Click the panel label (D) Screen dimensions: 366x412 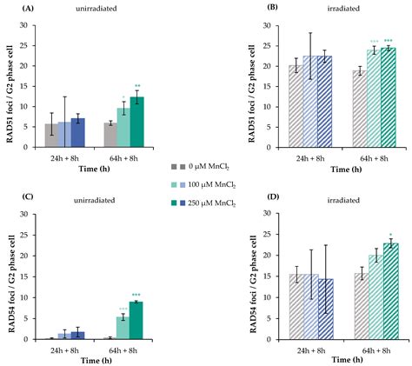point(237,196)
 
